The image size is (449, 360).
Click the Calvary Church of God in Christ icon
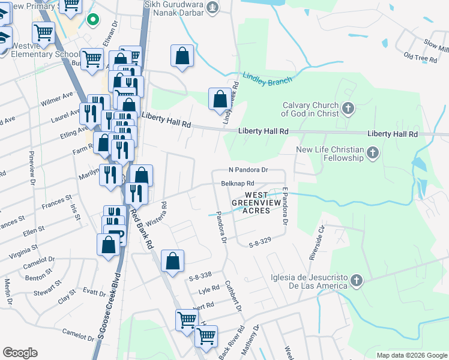(348, 109)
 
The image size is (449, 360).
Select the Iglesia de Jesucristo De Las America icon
(357, 280)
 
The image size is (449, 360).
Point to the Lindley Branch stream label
(267, 78)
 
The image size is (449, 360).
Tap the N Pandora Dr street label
(247, 170)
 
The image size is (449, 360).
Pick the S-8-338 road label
(200, 276)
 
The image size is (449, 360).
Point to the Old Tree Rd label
(420, 58)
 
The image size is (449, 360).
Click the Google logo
(20, 353)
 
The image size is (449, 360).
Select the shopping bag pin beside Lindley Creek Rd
(220, 98)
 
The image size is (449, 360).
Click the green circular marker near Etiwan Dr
(92, 20)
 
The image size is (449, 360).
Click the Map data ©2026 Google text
(411, 355)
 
